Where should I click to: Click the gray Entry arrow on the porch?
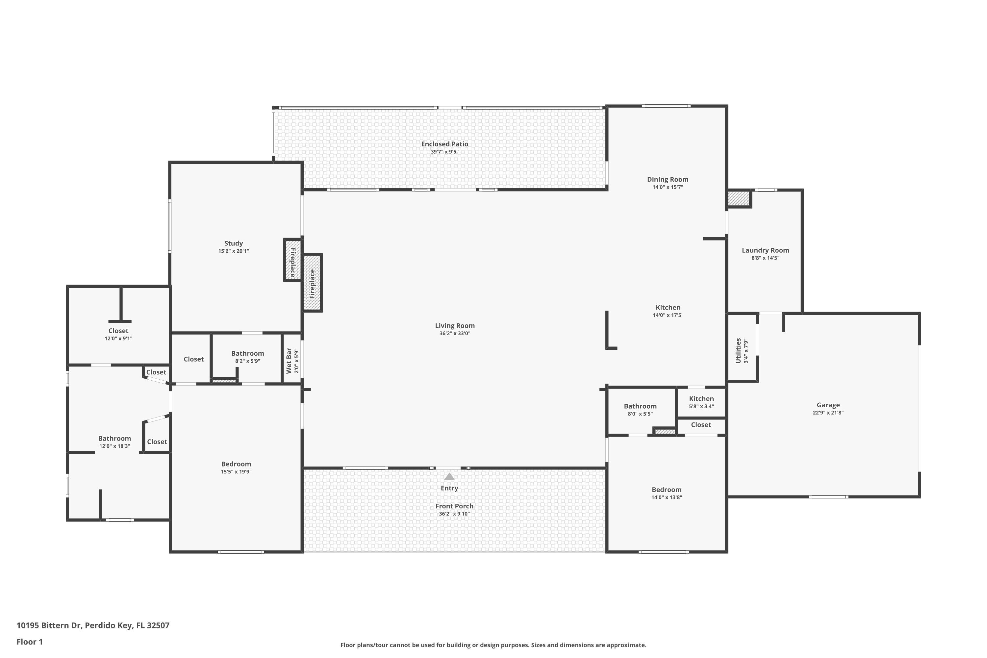[449, 477]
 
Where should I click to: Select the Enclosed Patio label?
[444, 144]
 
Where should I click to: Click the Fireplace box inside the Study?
[292, 261]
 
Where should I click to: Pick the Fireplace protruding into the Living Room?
[312, 283]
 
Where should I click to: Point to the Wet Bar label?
[289, 361]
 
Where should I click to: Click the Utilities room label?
[738, 351]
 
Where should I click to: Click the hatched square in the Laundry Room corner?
[739, 198]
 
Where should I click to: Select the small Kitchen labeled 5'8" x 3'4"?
[701, 399]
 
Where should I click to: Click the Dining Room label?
[667, 180]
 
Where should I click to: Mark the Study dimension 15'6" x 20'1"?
[233, 251]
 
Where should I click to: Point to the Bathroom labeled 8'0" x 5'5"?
[640, 406]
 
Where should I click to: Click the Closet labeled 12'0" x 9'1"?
[118, 331]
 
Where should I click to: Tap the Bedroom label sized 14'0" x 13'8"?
[667, 490]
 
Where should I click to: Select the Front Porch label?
[454, 506]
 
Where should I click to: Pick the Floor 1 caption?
[29, 642]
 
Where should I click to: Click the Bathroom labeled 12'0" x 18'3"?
[114, 439]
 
